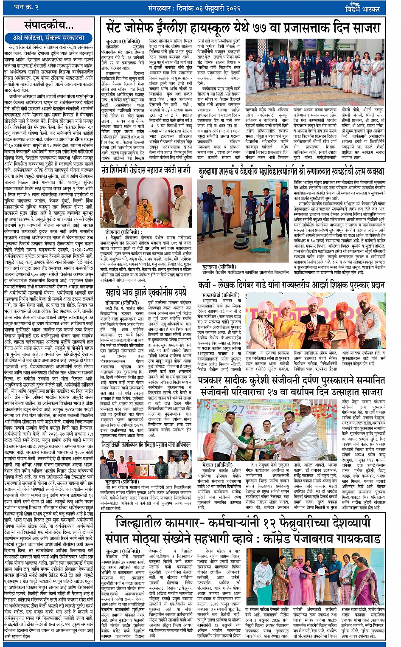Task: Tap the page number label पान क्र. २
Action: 26,7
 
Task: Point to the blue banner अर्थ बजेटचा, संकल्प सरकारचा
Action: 49,38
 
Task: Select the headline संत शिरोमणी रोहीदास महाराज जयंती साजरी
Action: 146,171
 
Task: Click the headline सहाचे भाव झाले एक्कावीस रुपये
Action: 146,293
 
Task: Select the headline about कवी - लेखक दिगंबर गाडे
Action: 292,285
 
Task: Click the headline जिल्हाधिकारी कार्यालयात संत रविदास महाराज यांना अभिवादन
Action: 146,444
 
